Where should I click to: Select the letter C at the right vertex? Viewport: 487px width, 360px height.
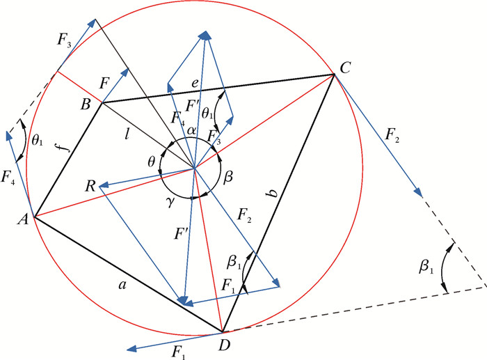pyautogui.click(x=345, y=68)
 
